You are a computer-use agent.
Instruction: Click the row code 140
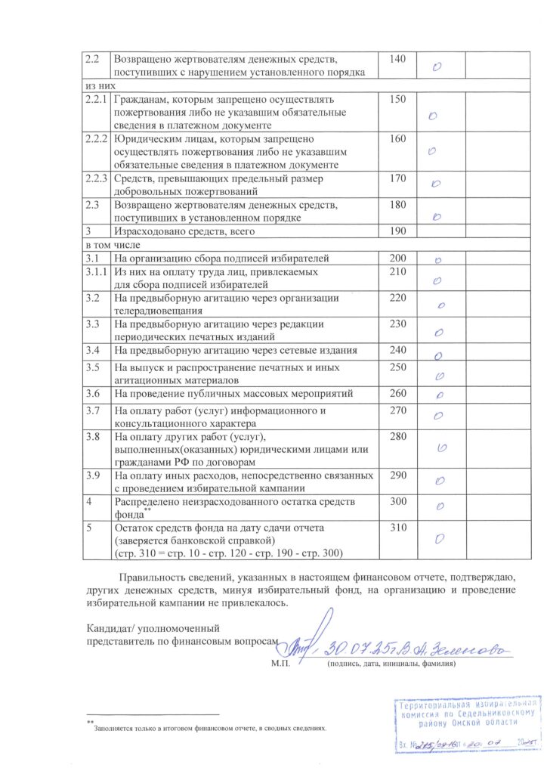coord(398,58)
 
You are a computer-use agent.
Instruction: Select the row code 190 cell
coord(398,231)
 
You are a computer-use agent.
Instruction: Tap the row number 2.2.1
coord(96,99)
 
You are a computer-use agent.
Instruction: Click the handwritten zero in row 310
coord(438,539)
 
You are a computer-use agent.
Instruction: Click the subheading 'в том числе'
coord(108,245)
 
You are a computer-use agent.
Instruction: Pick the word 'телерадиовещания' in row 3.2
coord(159,310)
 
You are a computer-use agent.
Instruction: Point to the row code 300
coord(398,500)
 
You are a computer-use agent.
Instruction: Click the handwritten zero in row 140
coord(437,67)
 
